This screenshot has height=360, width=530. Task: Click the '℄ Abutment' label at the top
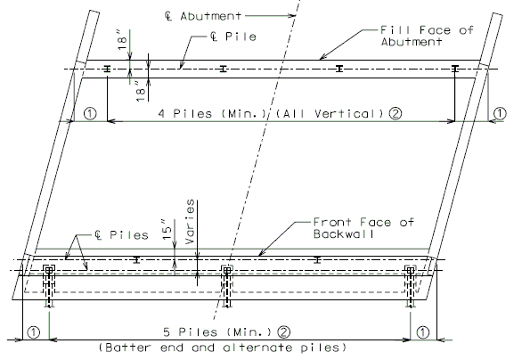tap(203, 16)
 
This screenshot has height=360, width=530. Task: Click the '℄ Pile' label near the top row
tap(232, 37)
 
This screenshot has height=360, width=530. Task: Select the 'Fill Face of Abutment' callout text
tap(427, 36)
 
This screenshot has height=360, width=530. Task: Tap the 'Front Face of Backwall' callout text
tap(363, 228)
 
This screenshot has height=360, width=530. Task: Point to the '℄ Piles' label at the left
tap(121, 235)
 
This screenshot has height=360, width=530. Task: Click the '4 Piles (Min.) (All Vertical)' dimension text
tap(272, 113)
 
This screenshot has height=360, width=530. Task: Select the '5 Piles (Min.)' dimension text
tap(217, 332)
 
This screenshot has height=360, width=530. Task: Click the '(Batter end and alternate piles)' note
tap(223, 348)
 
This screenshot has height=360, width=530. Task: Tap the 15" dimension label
tap(167, 230)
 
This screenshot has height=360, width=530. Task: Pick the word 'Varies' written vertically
tap(190, 222)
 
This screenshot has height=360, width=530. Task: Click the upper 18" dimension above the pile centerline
tap(122, 39)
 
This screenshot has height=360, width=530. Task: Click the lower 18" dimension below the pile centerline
tap(141, 90)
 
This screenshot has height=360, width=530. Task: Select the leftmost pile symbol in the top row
tap(107, 69)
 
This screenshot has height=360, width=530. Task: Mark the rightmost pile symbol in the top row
tap(455, 69)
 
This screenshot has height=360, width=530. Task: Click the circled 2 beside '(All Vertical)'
tap(395, 113)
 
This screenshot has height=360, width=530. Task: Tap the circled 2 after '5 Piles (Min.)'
tap(283, 332)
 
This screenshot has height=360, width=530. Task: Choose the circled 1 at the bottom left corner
tap(34, 332)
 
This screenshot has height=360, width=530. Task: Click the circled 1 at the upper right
tap(500, 113)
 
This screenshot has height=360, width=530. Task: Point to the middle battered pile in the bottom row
tap(227, 286)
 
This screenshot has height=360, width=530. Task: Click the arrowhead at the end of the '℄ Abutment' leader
tap(293, 15)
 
